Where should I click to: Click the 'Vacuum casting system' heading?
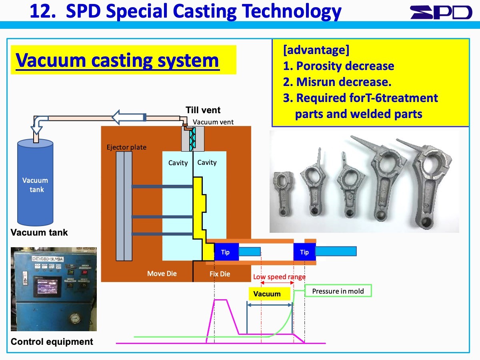tap(117, 60)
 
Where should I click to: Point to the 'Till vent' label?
tap(203, 110)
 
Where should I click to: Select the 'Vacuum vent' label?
tap(213, 122)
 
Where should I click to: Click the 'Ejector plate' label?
tap(126, 147)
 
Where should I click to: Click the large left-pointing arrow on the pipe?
tap(127, 118)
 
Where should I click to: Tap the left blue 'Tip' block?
tap(226, 252)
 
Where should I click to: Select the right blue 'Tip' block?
tap(304, 252)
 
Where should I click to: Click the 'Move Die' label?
tap(162, 274)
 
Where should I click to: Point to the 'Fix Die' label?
tap(220, 274)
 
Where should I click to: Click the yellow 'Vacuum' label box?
tap(267, 294)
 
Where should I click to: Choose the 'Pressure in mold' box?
tap(338, 291)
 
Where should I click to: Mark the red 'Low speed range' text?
tap(279, 277)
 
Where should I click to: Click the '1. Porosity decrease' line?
tap(339, 66)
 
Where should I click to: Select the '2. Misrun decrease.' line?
tap(337, 82)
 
